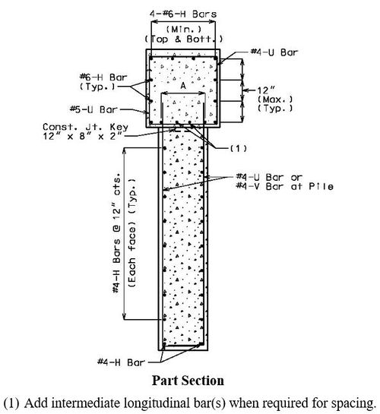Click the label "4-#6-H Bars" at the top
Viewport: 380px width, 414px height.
pos(183,14)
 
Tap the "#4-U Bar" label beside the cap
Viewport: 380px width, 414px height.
pos(274,52)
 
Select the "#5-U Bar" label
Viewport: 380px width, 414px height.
pos(93,109)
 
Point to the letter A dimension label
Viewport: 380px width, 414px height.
pos(182,86)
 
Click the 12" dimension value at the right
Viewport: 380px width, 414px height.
pos(263,90)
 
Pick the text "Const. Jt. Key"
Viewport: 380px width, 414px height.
pos(85,127)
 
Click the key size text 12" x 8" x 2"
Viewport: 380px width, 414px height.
pos(83,136)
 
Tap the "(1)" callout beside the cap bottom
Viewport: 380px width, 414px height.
pos(239,148)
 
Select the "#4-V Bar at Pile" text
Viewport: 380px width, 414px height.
pos(284,186)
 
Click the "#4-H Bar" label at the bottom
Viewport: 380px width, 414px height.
pos(121,362)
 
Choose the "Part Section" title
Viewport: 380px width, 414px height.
pos(188,381)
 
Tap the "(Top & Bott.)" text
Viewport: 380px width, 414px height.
pos(183,39)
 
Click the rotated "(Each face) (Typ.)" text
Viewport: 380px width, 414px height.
pos(132,233)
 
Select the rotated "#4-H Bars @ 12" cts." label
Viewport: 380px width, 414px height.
pos(116,233)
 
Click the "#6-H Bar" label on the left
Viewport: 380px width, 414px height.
pos(103,77)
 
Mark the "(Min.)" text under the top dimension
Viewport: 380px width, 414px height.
pos(183,29)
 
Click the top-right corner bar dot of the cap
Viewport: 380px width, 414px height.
pos(215,58)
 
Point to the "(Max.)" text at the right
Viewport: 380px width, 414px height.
pos(275,100)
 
